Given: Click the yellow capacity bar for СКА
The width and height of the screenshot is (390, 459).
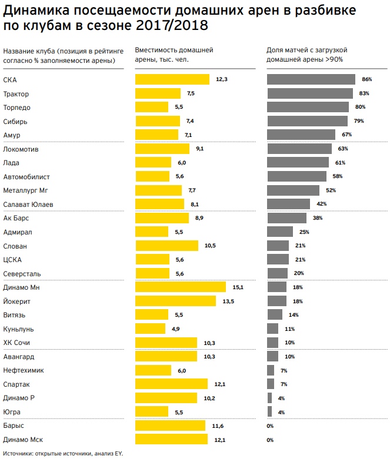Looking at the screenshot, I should tap(172, 79).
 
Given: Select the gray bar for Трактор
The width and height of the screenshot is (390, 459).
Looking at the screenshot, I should tap(310, 93).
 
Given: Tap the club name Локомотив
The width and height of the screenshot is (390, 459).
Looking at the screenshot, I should tap(21, 149).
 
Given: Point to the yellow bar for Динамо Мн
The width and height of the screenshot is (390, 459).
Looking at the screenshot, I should tap(181, 287).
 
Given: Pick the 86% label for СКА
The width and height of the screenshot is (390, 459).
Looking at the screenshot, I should tap(367, 79).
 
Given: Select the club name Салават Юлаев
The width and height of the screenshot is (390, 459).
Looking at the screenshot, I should tap(28, 205).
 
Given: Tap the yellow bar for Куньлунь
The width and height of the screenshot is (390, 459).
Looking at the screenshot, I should tap(151, 329).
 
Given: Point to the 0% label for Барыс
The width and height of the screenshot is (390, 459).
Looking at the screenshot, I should tap(271, 426).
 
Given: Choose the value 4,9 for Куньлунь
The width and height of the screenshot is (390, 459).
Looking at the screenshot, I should tap(175, 329).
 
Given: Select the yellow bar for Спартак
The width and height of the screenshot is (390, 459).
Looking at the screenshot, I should tap(171, 384).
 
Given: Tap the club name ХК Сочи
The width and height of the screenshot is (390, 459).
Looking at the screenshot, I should tap(16, 343).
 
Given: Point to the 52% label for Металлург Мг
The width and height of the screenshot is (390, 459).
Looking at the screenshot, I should tap(331, 190).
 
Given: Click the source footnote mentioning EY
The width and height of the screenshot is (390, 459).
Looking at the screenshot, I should tap(62, 454).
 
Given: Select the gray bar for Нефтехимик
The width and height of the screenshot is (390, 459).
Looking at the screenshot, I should tap(271, 370).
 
